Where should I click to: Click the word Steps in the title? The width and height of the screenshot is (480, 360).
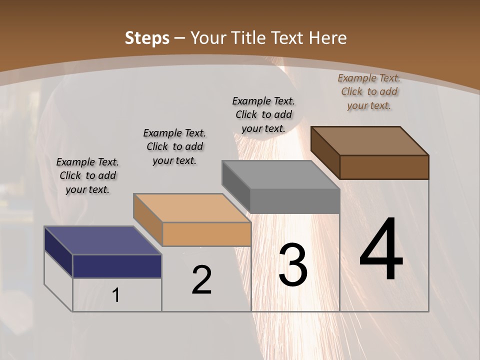point(146,38)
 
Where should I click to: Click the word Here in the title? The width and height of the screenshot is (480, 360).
point(327,38)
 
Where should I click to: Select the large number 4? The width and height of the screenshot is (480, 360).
point(381,250)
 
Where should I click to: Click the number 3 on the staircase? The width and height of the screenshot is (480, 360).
point(292,264)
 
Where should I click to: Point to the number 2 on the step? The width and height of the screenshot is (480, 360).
point(201,280)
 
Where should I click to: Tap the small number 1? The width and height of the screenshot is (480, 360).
point(116,295)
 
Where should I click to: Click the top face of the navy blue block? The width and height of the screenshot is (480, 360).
point(103,240)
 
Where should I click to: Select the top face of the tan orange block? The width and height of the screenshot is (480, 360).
point(192,208)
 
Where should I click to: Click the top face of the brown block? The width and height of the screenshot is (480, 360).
point(370,141)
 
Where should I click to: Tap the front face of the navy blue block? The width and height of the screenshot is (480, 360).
point(117,266)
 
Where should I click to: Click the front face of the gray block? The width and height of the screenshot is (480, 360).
point(295,201)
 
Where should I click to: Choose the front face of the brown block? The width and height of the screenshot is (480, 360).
point(384,167)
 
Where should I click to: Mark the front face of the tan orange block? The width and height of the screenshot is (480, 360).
point(206,234)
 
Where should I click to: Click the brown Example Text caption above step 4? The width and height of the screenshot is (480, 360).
point(369,91)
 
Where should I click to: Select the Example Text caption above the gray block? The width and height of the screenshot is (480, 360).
point(263,114)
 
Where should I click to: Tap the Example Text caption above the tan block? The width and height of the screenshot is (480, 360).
point(174,146)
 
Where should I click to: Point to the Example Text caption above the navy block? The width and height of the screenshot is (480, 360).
point(87,175)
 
